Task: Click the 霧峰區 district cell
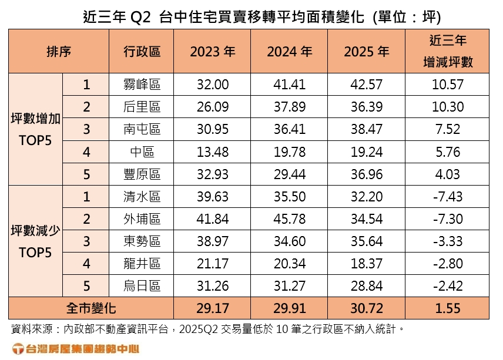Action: (x=142, y=85)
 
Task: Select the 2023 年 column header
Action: (x=212, y=51)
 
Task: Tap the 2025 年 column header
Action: (x=366, y=51)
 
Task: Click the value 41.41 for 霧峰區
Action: (x=289, y=85)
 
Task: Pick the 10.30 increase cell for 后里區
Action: (x=447, y=107)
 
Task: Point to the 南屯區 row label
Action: (x=142, y=129)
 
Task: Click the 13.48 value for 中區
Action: (x=212, y=152)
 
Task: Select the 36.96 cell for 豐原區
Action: (x=366, y=174)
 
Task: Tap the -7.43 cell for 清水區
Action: (x=447, y=197)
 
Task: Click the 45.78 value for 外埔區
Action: (x=289, y=219)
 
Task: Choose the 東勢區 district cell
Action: (x=142, y=241)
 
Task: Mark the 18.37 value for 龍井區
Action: (x=366, y=264)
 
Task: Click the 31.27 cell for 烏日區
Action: (x=289, y=286)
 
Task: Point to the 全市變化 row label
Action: (x=91, y=308)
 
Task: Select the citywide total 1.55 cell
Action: (x=447, y=308)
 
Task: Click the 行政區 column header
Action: (x=142, y=51)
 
